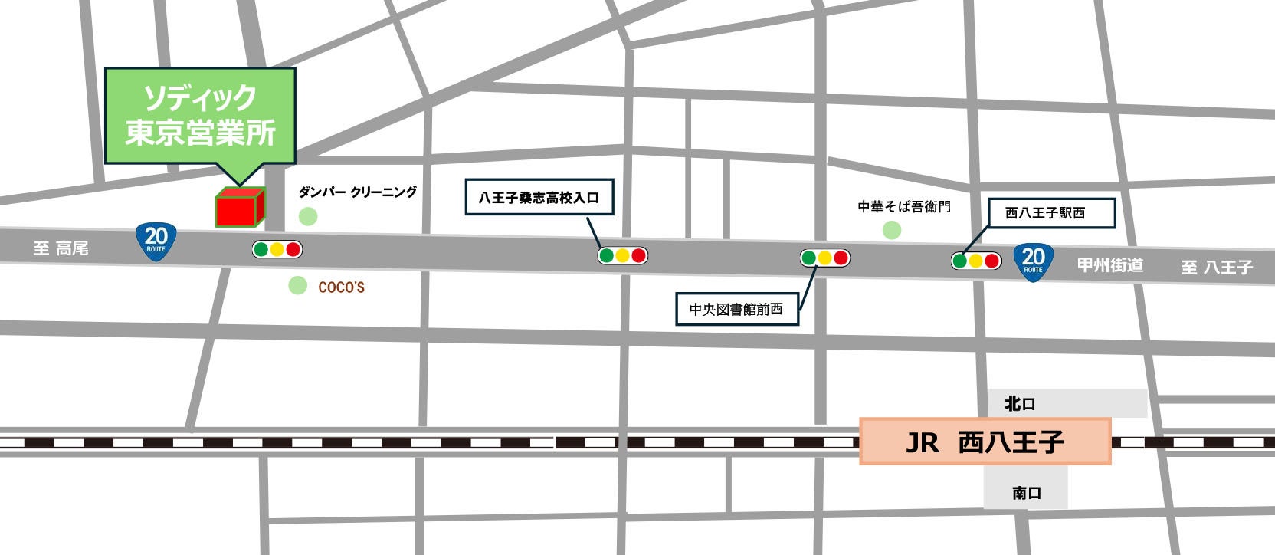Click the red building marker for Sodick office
[x=238, y=208]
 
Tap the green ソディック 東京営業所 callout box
[x=200, y=115]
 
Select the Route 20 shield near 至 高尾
[x=156, y=241]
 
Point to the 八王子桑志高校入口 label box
[x=539, y=198]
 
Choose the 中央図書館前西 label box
[x=736, y=309]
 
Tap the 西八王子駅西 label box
[x=1050, y=213]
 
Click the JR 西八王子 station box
[x=985, y=442]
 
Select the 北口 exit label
[x=1020, y=404]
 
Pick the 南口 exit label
[x=1026, y=493]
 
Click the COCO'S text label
[x=341, y=287]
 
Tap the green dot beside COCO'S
[x=297, y=286]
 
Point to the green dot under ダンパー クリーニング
[x=308, y=216]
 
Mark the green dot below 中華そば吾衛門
[x=891, y=230]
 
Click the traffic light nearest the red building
[x=277, y=249]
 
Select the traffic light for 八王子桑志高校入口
[x=622, y=255]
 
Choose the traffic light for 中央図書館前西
[x=824, y=258]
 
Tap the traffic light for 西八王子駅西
[x=975, y=261]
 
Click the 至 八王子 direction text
[x=1217, y=268]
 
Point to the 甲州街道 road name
[x=1110, y=265]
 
